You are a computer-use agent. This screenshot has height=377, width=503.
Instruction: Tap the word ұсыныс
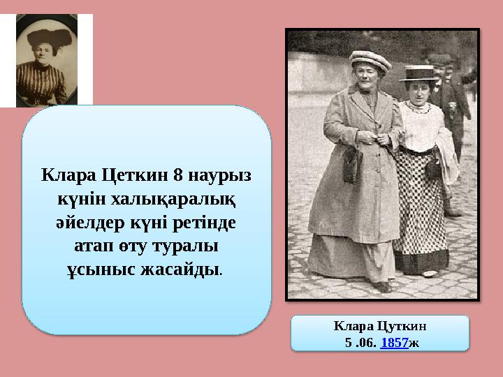point(99,270)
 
